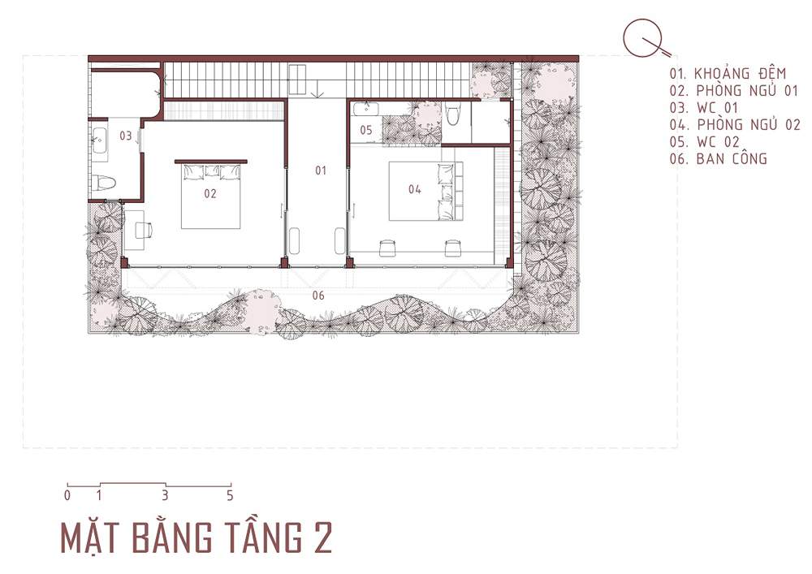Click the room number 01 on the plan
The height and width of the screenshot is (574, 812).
tap(321, 170)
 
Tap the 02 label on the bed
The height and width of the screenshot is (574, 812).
tap(209, 193)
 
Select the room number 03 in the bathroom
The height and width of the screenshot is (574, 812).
tap(126, 136)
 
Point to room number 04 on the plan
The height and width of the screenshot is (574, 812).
tap(414, 189)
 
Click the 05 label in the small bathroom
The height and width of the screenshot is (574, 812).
tap(366, 130)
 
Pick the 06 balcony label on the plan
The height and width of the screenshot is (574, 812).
tap(318, 296)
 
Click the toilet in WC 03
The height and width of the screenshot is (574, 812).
tap(104, 182)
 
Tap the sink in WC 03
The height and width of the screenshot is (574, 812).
tap(99, 139)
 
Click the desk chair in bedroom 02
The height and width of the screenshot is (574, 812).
tap(144, 230)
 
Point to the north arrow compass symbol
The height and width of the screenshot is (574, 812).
tap(646, 39)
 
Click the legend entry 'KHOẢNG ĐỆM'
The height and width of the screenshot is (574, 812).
tap(740, 74)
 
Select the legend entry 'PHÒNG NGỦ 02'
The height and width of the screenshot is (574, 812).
tap(749, 125)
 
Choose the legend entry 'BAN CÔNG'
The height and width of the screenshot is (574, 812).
tap(732, 159)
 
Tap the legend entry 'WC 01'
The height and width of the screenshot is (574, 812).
tap(717, 108)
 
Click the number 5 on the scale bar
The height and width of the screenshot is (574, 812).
tap(230, 496)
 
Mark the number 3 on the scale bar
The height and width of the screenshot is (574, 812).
tap(165, 496)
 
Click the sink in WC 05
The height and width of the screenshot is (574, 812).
tap(365, 109)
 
